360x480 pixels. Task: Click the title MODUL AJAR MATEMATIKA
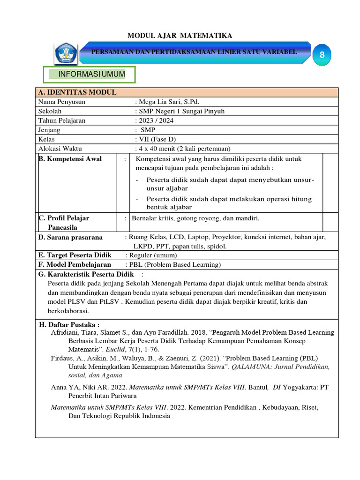(180, 36)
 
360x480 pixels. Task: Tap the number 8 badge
(322, 55)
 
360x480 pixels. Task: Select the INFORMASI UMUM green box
(90, 75)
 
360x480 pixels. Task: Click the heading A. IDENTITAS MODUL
(77, 92)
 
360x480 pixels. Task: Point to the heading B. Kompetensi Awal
(70, 159)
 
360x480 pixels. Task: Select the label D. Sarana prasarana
(70, 237)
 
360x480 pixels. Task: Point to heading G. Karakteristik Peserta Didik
(86, 274)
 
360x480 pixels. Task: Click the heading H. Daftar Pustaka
(69, 324)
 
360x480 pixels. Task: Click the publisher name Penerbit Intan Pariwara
(94, 396)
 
